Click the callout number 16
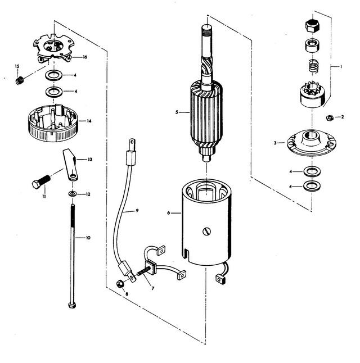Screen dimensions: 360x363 pyautogui.click(x=85, y=57)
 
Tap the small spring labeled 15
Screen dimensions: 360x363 pyautogui.click(x=20, y=80)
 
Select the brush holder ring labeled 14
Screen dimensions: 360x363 pyautogui.click(x=53, y=123)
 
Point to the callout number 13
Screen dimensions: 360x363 pyautogui.click(x=90, y=159)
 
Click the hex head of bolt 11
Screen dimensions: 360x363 pyautogui.click(x=36, y=184)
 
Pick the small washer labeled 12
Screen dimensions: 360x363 pyautogui.click(x=73, y=193)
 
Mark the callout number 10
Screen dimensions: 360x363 pyautogui.click(x=88, y=238)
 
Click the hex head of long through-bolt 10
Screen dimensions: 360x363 pyautogui.click(x=72, y=305)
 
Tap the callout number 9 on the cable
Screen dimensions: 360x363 pyautogui.click(x=137, y=210)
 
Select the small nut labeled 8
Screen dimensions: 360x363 pyautogui.click(x=120, y=284)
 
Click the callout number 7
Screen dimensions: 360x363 pyautogui.click(x=153, y=288)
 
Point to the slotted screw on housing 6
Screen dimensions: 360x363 pyautogui.click(x=207, y=232)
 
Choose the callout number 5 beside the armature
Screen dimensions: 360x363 pyautogui.click(x=177, y=112)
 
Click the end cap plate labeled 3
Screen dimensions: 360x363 pyautogui.click(x=312, y=143)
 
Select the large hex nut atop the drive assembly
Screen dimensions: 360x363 pyautogui.click(x=313, y=26)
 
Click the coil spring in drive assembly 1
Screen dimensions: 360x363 pyautogui.click(x=314, y=66)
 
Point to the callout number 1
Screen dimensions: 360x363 pyautogui.click(x=341, y=67)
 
